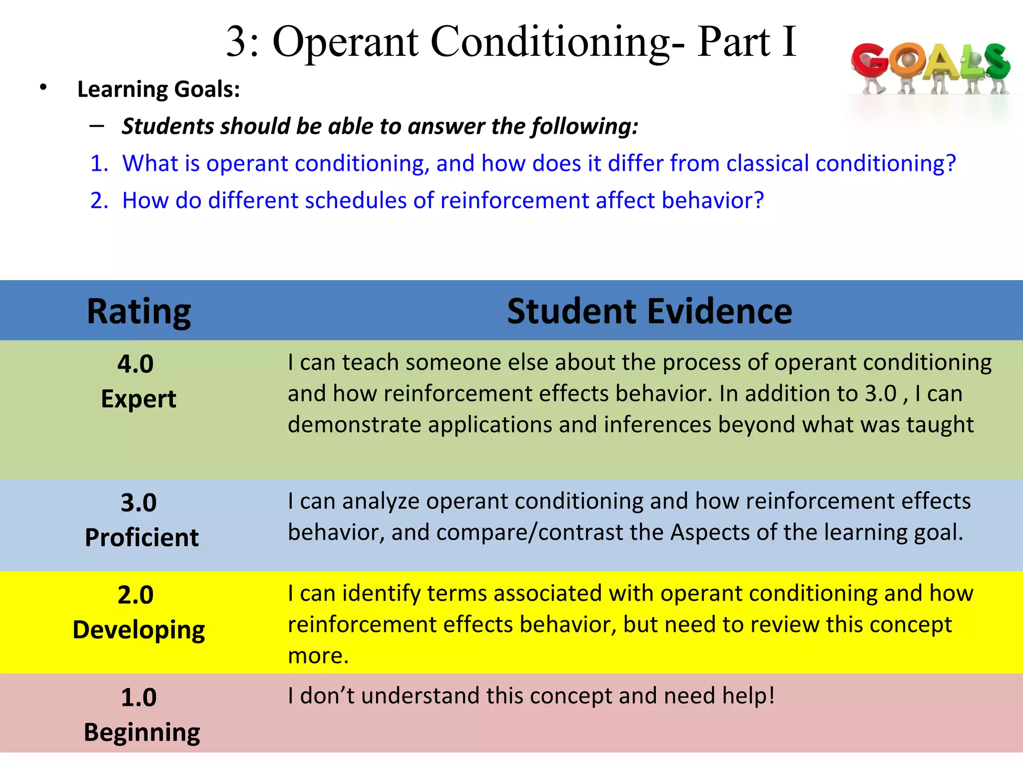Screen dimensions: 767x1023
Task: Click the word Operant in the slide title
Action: click(x=345, y=42)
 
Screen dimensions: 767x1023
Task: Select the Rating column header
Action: click(x=139, y=311)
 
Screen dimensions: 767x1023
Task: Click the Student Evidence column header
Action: click(x=649, y=311)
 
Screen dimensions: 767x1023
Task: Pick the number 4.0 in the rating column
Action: click(x=135, y=364)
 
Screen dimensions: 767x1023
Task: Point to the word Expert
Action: click(x=138, y=399)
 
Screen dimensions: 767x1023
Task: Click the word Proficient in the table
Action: click(x=141, y=538)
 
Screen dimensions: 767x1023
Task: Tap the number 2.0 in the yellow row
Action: click(x=135, y=595)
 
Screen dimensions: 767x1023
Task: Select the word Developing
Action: click(x=138, y=630)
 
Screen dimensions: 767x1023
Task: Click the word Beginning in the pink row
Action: click(x=141, y=733)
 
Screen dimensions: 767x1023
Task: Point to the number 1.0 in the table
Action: click(x=138, y=697)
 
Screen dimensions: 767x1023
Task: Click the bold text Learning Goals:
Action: click(x=158, y=89)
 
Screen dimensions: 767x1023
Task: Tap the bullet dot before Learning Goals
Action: click(x=43, y=88)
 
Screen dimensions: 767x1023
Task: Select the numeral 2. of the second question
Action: click(x=99, y=201)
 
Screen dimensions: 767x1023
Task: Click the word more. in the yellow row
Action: click(x=318, y=656)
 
